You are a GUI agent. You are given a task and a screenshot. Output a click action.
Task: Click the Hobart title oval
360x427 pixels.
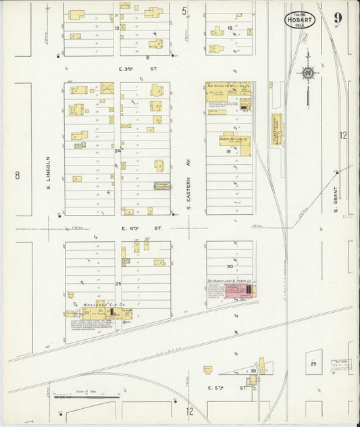[x=299, y=20]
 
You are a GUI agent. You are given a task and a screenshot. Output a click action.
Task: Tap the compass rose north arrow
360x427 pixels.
[x=307, y=73]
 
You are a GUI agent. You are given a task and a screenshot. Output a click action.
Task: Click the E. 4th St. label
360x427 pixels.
[x=142, y=228]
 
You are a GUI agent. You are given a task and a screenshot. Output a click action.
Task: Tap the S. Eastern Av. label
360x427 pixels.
[x=190, y=182]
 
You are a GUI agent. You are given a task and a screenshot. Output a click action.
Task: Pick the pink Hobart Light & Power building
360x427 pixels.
[x=238, y=291]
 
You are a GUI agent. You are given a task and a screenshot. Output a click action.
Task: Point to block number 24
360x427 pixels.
[x=118, y=151]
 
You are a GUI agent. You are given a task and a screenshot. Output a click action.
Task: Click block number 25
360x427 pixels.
[x=118, y=284]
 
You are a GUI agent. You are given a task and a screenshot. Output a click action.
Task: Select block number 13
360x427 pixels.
[x=117, y=28]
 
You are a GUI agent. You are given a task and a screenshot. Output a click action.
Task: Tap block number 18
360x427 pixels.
[x=230, y=28]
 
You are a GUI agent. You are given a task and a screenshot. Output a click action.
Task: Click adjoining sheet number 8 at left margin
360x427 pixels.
[x=17, y=176]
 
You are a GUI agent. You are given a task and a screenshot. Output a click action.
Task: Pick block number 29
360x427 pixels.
[x=313, y=364]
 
